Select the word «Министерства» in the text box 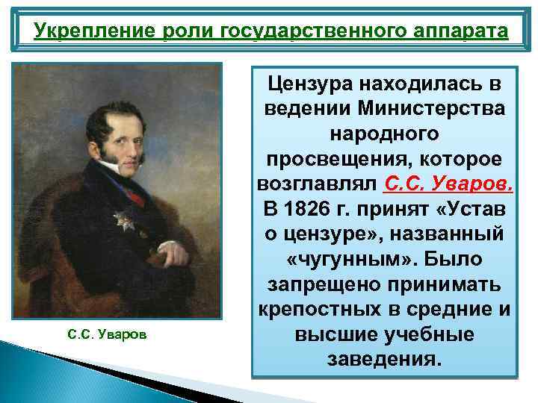click(x=431, y=107)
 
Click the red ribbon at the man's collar click(x=134, y=199)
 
